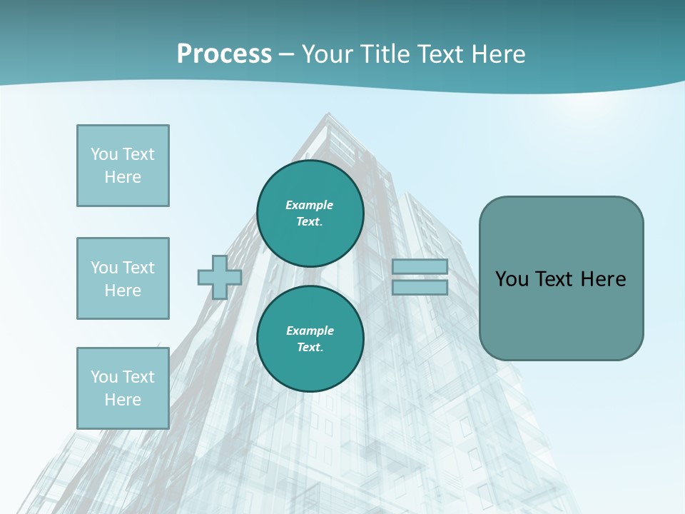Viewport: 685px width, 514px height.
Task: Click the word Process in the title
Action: coord(224,54)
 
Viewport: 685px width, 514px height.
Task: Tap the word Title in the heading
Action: coord(383,54)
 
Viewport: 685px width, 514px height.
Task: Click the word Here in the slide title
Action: coord(497,54)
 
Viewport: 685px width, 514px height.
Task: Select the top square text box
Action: coord(123,166)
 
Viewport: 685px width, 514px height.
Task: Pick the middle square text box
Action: coord(123,278)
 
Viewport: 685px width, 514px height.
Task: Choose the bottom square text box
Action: coord(123,388)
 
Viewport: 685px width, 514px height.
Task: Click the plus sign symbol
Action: coord(220,277)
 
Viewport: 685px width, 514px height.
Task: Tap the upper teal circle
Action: coord(310,213)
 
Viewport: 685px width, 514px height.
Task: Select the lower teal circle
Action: coord(310,339)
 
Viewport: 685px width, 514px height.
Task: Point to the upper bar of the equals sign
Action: coord(420,267)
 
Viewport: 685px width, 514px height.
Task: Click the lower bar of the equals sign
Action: coord(420,287)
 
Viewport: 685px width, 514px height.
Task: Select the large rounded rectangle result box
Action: coord(561,278)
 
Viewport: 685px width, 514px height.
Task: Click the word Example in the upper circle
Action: coord(310,205)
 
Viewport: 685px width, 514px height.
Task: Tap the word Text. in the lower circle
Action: coord(310,348)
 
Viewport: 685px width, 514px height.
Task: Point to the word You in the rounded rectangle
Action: coord(512,279)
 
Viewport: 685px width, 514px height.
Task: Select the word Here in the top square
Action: coord(123,177)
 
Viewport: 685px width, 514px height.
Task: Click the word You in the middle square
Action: coord(104,268)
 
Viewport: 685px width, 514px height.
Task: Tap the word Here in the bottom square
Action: coord(123,400)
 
